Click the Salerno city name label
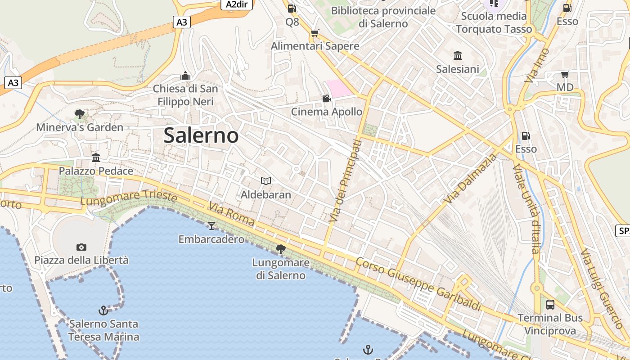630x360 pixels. tap(201, 135)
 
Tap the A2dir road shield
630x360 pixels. tap(237, 4)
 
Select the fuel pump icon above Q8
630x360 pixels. tap(292, 8)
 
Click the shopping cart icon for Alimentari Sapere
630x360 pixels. tap(315, 33)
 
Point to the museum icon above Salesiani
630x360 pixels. tap(458, 56)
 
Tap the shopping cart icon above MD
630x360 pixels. tap(565, 74)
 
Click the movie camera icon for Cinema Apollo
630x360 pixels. tap(326, 99)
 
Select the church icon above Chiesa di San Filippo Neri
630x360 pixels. tap(185, 76)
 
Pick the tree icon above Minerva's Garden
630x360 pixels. tap(80, 114)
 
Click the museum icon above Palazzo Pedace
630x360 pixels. tap(96, 158)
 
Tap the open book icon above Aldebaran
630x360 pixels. tap(266, 181)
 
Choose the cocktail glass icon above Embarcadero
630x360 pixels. tap(211, 225)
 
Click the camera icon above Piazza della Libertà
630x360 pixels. tap(81, 247)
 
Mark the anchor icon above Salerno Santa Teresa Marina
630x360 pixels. tap(103, 310)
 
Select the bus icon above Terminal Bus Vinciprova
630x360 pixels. tap(550, 305)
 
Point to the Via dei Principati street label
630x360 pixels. tap(345, 181)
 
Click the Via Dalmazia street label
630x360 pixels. tap(470, 179)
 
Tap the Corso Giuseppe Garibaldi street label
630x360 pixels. tap(418, 284)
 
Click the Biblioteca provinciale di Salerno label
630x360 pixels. tap(383, 17)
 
